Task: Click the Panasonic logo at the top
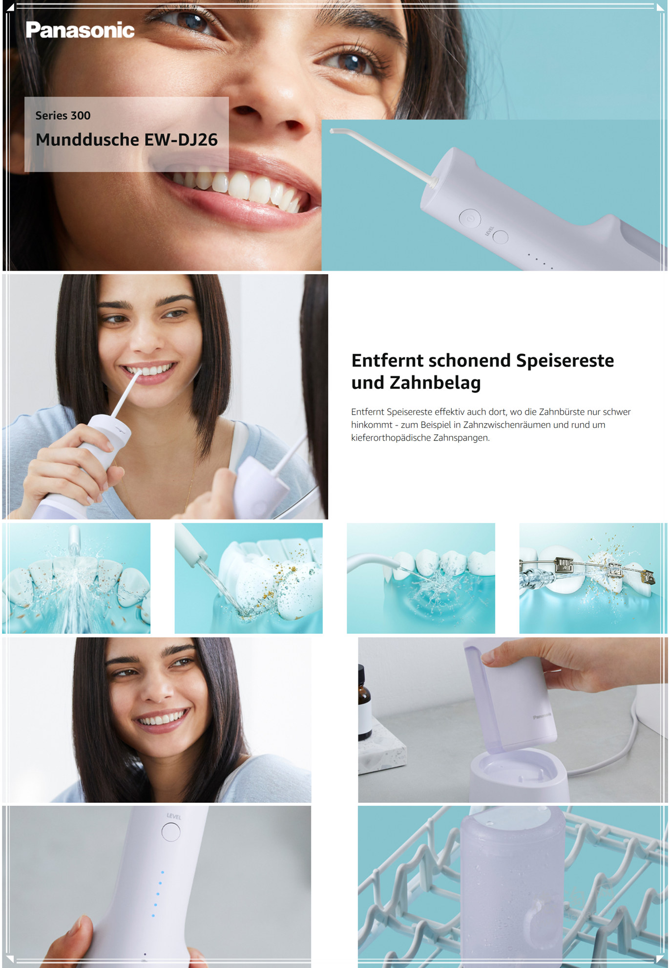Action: click(80, 30)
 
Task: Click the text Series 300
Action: click(63, 116)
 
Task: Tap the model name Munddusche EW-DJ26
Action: click(126, 140)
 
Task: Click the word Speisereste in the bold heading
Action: click(565, 361)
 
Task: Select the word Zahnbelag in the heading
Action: click(435, 383)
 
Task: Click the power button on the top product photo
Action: click(470, 218)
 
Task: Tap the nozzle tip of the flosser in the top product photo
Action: click(333, 131)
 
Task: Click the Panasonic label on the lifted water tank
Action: click(542, 716)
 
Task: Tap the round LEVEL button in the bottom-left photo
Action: click(171, 832)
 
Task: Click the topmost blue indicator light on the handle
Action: click(163, 872)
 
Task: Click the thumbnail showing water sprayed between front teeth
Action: click(76, 578)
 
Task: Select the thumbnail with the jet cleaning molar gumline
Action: click(249, 578)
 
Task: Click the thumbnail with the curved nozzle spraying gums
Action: click(421, 578)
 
